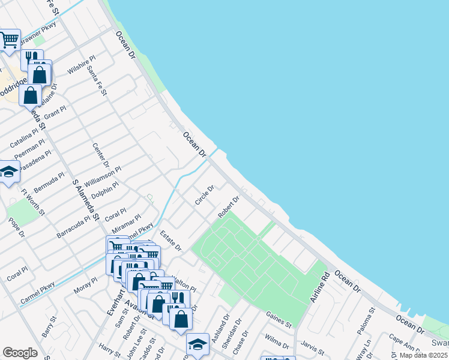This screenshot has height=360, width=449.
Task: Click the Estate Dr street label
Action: [170, 241]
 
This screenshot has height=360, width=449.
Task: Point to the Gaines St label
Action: [279, 320]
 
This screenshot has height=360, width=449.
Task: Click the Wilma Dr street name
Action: [277, 342]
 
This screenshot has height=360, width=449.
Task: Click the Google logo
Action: [20, 353]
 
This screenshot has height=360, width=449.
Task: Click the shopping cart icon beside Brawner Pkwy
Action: [9, 40]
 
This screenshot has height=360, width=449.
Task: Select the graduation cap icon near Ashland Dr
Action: [197, 344]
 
